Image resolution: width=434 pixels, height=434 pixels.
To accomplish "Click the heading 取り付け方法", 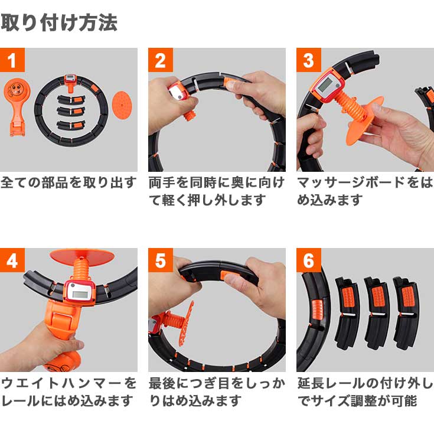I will click(x=59, y=22).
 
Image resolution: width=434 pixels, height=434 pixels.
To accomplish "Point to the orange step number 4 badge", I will click(x=12, y=260).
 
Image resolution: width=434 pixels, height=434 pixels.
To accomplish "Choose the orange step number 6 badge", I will click(x=308, y=260).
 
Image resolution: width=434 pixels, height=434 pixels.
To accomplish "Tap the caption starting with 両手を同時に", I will click(x=216, y=191).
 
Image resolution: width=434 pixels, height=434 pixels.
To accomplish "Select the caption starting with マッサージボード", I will click(x=364, y=191).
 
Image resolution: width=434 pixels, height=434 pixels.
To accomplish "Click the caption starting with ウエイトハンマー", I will click(x=68, y=391).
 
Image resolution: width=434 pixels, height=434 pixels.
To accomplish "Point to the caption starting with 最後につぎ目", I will click(x=216, y=391).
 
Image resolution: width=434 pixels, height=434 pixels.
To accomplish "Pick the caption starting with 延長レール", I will click(x=364, y=391).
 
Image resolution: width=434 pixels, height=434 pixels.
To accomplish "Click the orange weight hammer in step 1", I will click(x=17, y=106).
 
